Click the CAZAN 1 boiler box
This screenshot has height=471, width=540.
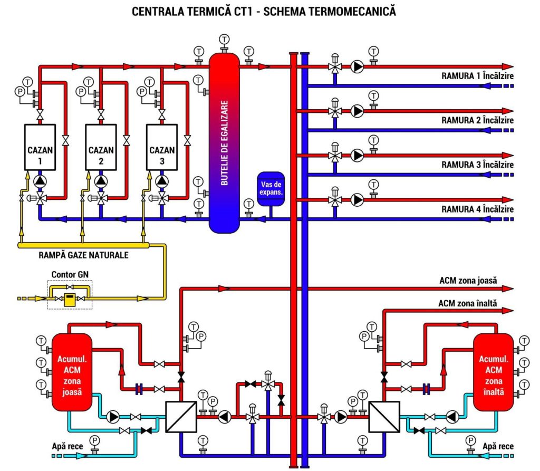point(40,147)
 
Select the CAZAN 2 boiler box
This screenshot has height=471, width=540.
point(101,147)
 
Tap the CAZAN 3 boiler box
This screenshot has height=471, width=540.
point(162,147)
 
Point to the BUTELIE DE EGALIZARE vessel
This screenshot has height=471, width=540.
point(225,142)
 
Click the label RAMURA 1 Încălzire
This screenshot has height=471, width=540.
point(477,76)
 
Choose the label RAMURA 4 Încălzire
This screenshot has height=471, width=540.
point(477,209)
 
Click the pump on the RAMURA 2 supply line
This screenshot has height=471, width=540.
point(358,111)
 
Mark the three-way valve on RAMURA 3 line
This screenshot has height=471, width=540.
point(334,156)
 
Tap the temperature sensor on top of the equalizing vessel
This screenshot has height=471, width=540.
point(225,39)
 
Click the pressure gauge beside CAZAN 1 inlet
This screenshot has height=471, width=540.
point(21,91)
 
